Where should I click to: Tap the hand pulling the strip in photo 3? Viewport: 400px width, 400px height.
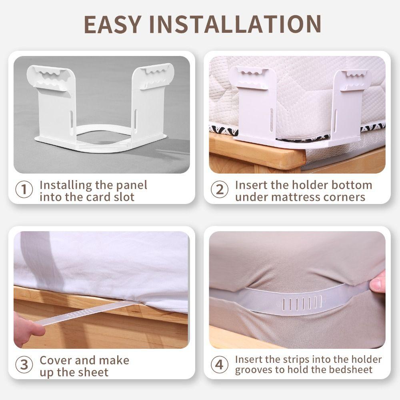(x=28, y=326)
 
